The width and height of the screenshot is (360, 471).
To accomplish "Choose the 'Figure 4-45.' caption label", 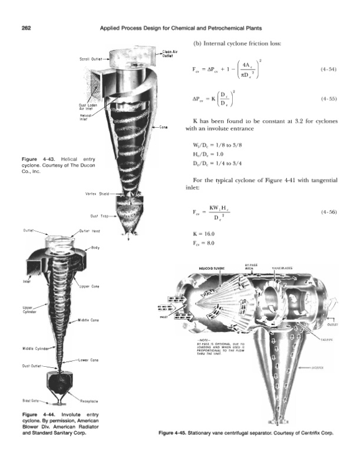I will click(x=174, y=433).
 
